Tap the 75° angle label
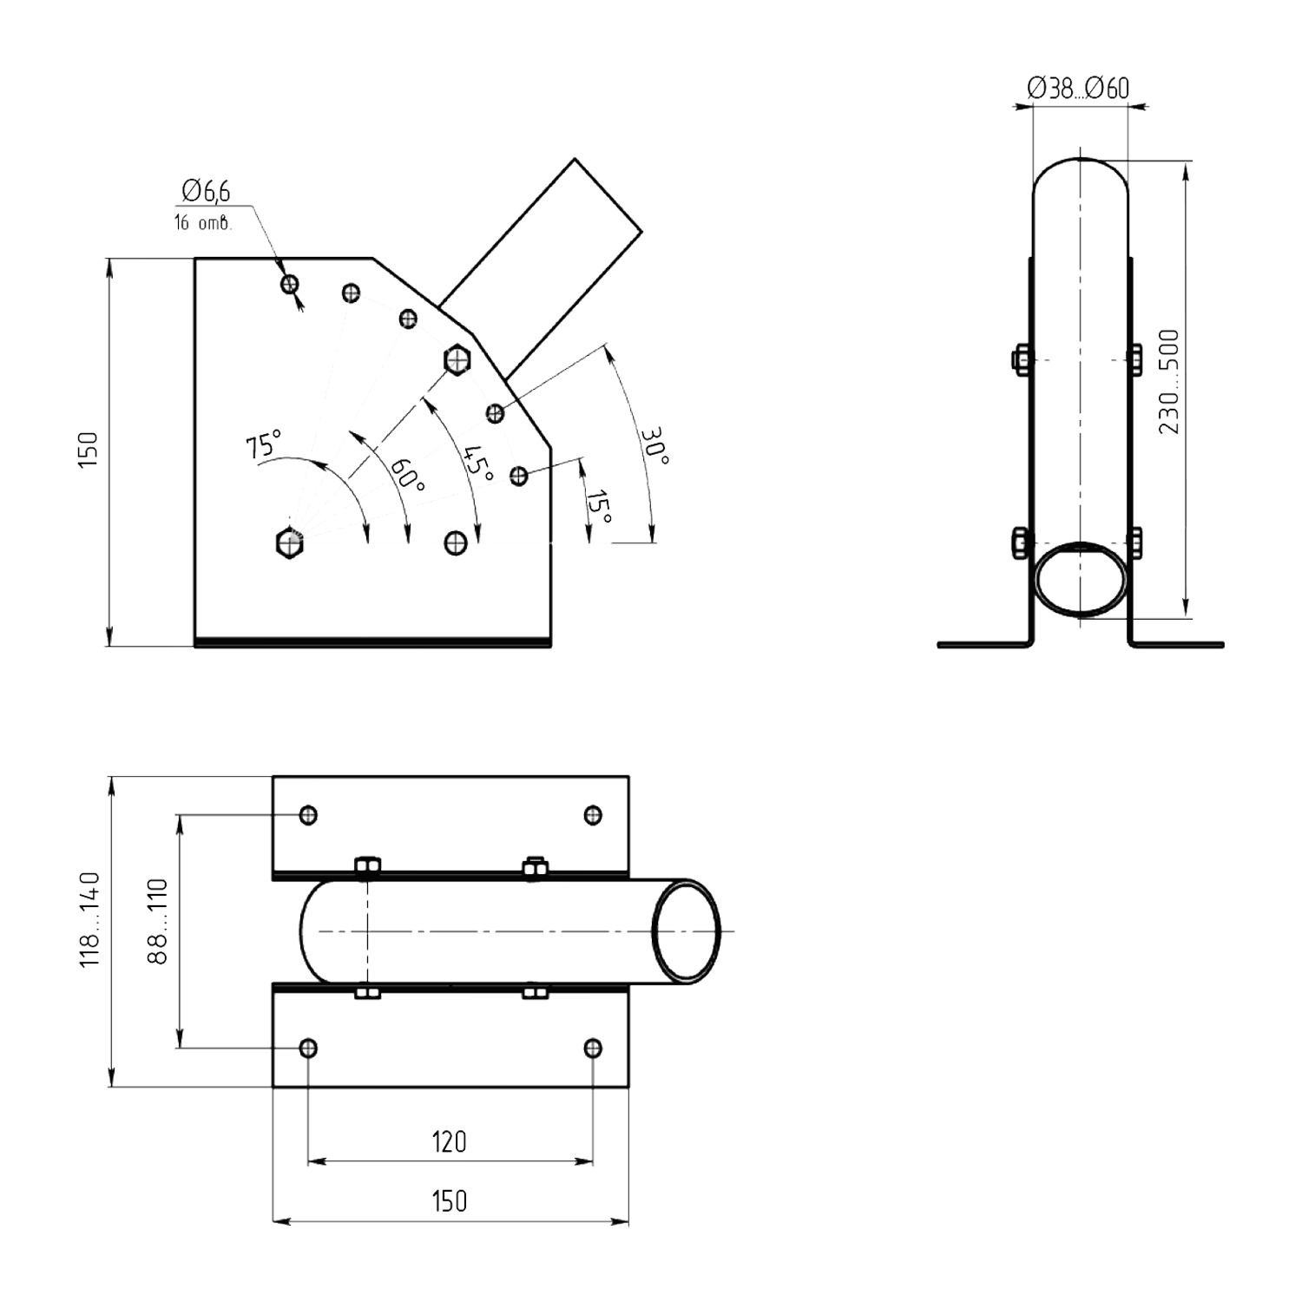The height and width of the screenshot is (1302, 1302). (x=264, y=444)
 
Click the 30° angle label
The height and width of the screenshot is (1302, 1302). (x=654, y=445)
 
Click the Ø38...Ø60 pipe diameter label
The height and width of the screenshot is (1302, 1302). (x=1078, y=89)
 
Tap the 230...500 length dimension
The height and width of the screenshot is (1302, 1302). (x=1169, y=382)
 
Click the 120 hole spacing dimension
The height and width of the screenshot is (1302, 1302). (x=449, y=1141)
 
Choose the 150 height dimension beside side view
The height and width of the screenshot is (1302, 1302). (x=89, y=450)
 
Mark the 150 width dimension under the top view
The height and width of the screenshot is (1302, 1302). (x=449, y=1200)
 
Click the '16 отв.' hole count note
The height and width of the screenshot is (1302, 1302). (x=203, y=223)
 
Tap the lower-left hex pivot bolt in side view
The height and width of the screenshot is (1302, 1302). (x=288, y=543)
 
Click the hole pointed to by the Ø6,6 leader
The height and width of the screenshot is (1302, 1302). (x=290, y=284)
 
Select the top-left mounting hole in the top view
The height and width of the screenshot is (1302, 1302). (x=308, y=815)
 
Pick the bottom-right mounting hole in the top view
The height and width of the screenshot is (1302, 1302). (x=593, y=1048)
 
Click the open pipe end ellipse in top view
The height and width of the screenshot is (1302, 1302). (x=687, y=931)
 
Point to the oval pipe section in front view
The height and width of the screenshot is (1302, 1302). (x=1080, y=581)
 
